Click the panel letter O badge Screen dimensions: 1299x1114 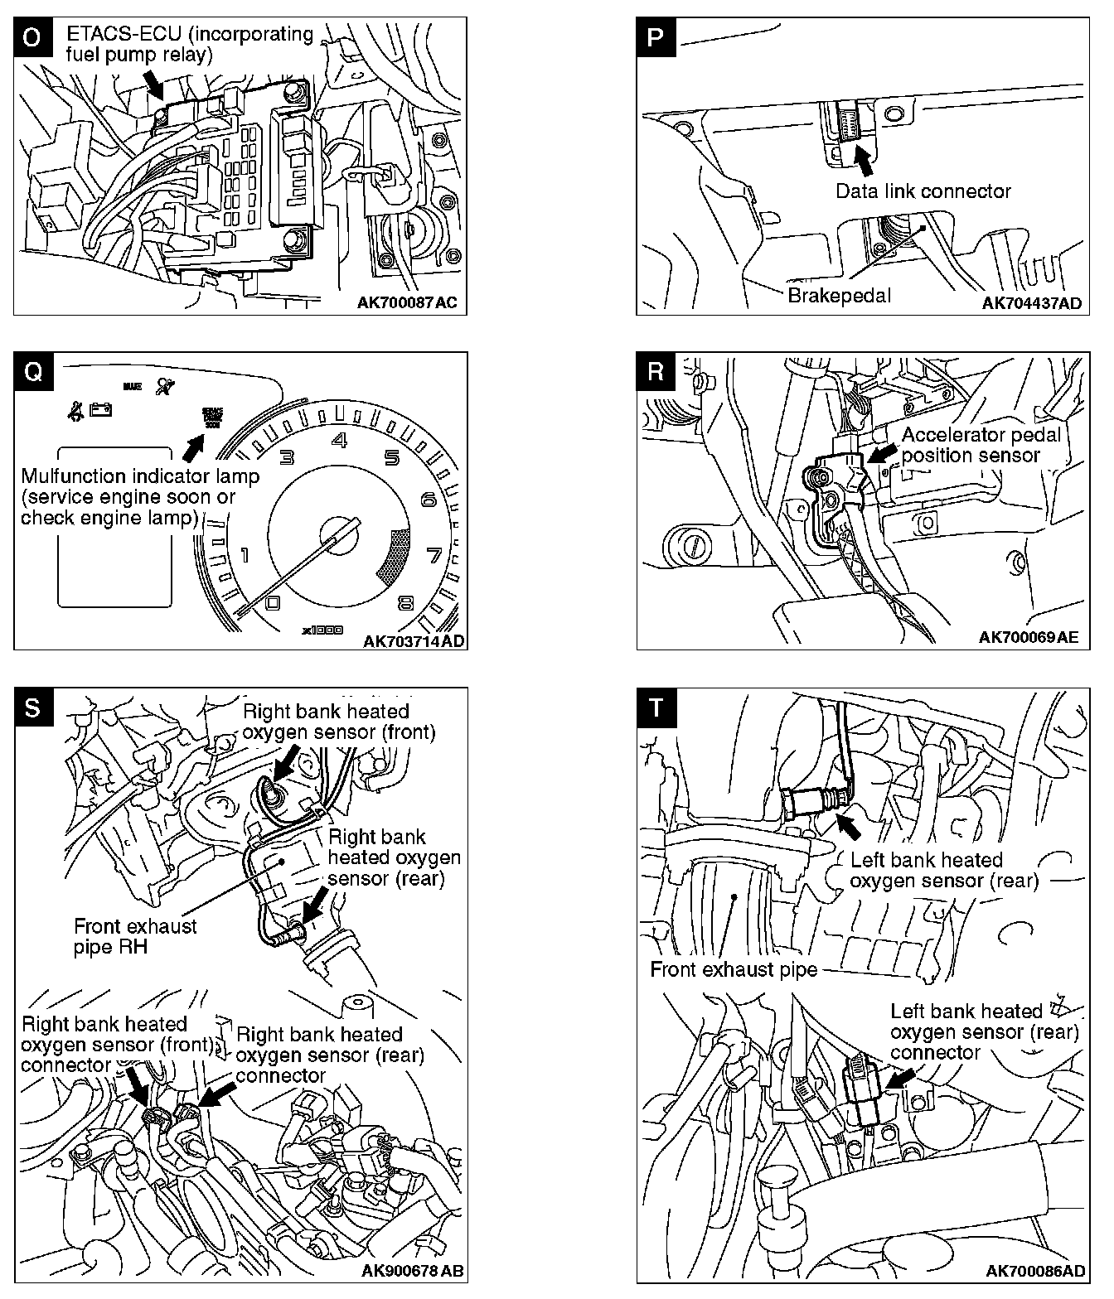31,39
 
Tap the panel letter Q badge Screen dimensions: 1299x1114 31,370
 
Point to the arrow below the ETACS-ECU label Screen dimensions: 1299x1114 154,81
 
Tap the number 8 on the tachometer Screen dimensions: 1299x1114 405,603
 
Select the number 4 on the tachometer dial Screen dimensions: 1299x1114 339,440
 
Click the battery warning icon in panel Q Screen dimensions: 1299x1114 101,409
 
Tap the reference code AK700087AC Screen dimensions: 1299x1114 407,303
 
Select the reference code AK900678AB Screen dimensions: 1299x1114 412,1271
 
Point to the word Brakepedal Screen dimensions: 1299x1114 838,296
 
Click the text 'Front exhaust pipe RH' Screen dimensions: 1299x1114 135,936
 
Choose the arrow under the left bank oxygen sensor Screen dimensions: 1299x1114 847,825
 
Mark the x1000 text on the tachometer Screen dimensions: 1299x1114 322,630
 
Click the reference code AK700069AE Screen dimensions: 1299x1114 1029,637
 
